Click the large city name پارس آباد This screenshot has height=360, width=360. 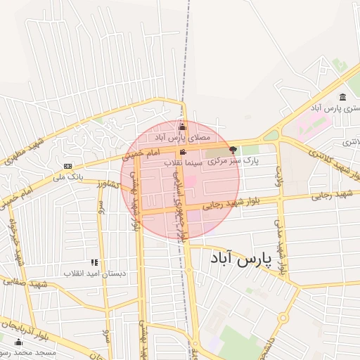pyautogui.click(x=240, y=259)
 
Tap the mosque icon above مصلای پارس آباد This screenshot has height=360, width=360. pyautogui.click(x=183, y=127)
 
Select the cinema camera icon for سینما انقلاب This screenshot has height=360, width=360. pyautogui.click(x=183, y=153)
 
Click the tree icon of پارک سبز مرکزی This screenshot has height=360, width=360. pyautogui.click(x=233, y=150)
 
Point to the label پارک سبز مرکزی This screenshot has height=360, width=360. pyautogui.click(x=233, y=161)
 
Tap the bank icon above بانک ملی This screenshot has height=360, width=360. pyautogui.click(x=67, y=167)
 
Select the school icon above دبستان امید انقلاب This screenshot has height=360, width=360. pyautogui.click(x=94, y=262)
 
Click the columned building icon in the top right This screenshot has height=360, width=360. pyautogui.click(x=342, y=97)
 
